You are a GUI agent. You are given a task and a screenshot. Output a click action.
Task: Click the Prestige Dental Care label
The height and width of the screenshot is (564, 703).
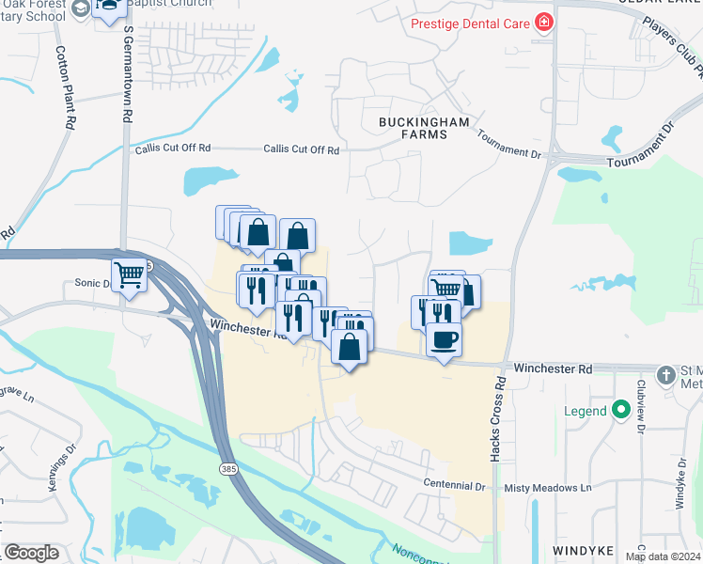tap(470, 23)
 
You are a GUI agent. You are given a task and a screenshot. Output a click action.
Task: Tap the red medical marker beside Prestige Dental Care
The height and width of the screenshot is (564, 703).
tap(543, 22)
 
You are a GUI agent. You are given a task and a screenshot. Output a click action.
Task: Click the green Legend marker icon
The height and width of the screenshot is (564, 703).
tap(620, 410)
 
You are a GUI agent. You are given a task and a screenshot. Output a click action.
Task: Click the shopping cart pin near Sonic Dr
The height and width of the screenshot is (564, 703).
tap(130, 274)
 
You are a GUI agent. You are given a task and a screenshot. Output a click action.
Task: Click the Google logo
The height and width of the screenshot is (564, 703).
tap(31, 553)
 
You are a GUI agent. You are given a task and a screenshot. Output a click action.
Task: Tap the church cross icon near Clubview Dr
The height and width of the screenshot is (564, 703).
tap(666, 375)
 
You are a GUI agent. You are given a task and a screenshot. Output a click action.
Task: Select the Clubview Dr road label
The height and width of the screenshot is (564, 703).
tap(641, 405)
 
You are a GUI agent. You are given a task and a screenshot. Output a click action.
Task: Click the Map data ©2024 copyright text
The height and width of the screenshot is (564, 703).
tap(663, 556)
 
